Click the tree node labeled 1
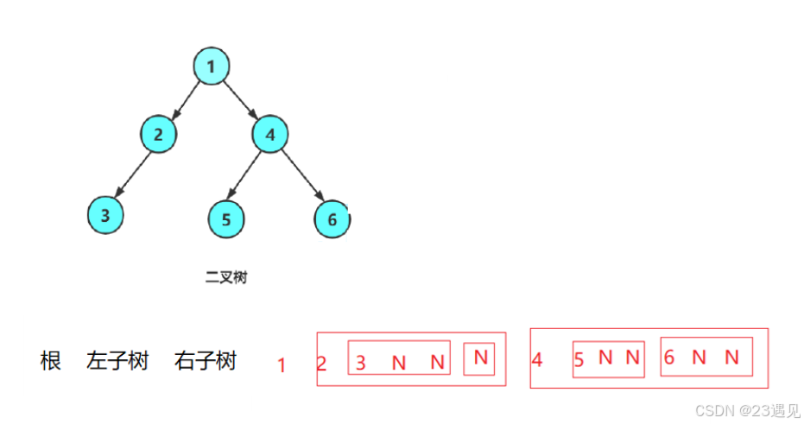(x=211, y=66)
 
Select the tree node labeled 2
(x=158, y=135)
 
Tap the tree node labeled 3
(x=105, y=215)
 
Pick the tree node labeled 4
(x=270, y=135)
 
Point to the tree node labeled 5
(x=226, y=219)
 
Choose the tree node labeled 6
(x=332, y=219)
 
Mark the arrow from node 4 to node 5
(x=248, y=176)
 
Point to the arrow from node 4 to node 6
(x=301, y=177)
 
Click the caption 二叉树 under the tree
(x=226, y=277)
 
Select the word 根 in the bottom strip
(x=51, y=361)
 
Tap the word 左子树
(x=118, y=361)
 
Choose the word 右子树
(x=206, y=361)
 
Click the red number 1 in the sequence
(x=282, y=365)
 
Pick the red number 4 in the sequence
(x=537, y=360)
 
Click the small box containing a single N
(x=479, y=358)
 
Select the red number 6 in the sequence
(x=669, y=358)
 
